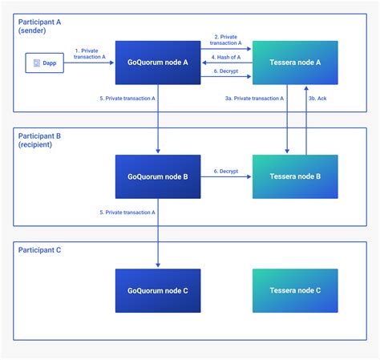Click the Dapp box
point(45,63)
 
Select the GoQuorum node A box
point(158,63)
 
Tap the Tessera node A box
point(295,63)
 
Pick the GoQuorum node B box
point(158,176)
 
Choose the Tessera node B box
point(295,176)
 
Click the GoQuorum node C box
point(158,290)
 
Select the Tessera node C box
point(295,290)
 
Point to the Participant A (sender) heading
point(39,26)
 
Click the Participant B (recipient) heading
point(39,140)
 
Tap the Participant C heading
point(39,250)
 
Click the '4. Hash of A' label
point(226,57)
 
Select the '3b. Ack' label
point(317,99)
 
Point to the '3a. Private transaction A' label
point(254,99)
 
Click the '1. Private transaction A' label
point(90,54)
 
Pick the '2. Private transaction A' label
point(226,40)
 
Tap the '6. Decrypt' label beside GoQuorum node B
point(226,171)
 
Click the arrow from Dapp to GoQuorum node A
point(89,63)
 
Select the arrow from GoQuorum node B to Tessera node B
point(226,176)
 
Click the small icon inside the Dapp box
point(37,63)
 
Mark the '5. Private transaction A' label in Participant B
point(127,212)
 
